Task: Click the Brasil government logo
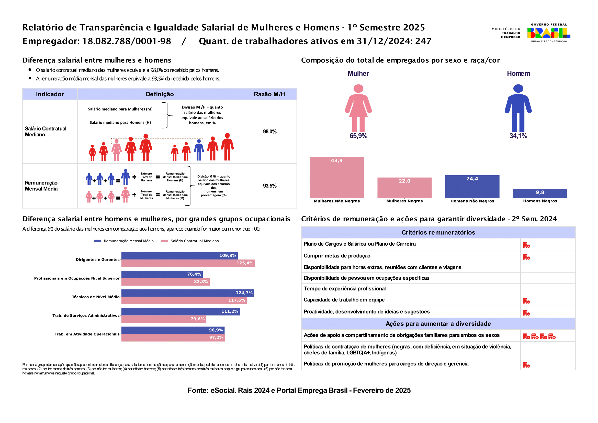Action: (x=548, y=33)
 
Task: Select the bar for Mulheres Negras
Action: (x=404, y=188)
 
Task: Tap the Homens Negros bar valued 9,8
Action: (x=540, y=193)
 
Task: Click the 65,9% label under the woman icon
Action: (x=358, y=136)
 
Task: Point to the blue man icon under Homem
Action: (x=518, y=108)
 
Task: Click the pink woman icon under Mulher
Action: (x=358, y=108)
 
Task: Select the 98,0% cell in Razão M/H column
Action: (x=269, y=132)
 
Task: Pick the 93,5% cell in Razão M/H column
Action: (x=269, y=186)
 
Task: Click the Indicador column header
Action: (x=50, y=94)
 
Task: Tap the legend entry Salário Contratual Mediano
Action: (x=190, y=241)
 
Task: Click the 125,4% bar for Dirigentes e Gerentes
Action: (x=188, y=263)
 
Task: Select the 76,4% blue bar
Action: (x=162, y=274)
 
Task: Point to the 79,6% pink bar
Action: (x=164, y=319)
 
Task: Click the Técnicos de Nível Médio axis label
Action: (x=96, y=297)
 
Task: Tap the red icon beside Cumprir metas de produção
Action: (x=526, y=257)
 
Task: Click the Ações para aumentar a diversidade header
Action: (x=438, y=324)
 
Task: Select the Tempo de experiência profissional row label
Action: (x=345, y=288)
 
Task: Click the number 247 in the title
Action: (x=423, y=41)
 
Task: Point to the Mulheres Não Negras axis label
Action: (x=337, y=201)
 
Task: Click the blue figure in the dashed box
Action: (x=199, y=150)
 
